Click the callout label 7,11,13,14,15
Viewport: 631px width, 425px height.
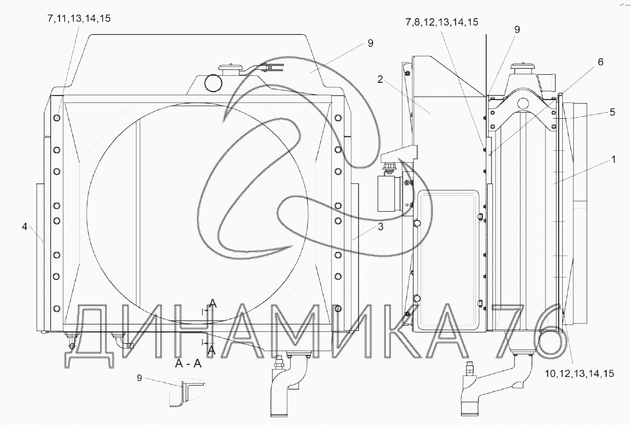pyautogui.click(x=79, y=19)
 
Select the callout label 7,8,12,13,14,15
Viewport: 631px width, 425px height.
pyautogui.click(x=442, y=22)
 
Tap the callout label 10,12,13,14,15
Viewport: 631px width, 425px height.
pyautogui.click(x=579, y=374)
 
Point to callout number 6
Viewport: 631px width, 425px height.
pyautogui.click(x=601, y=62)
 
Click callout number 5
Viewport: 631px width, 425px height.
pyautogui.click(x=612, y=112)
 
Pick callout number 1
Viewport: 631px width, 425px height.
pyautogui.click(x=613, y=160)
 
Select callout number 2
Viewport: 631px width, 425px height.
pyautogui.click(x=380, y=80)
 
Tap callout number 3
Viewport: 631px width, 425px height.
pyautogui.click(x=381, y=227)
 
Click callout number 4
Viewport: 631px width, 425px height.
pyautogui.click(x=25, y=226)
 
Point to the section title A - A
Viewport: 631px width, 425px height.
pyautogui.click(x=188, y=364)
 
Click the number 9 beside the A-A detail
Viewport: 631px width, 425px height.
pyautogui.click(x=140, y=378)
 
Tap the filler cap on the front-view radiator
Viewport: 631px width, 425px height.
pyautogui.click(x=230, y=70)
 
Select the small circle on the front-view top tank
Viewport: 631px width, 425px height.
pyautogui.click(x=213, y=83)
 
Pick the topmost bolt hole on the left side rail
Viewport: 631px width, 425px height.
pyautogui.click(x=57, y=118)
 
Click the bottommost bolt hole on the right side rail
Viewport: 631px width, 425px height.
pyautogui.click(x=338, y=308)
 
